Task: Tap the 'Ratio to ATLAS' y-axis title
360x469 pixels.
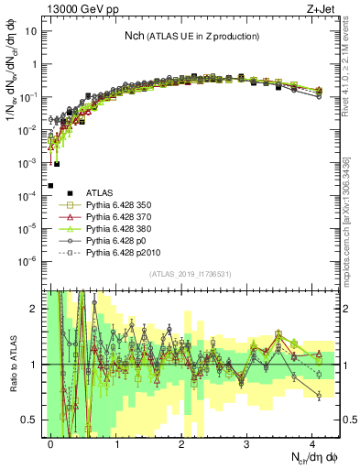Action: [x=11, y=365]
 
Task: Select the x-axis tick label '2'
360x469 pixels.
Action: [x=181, y=442]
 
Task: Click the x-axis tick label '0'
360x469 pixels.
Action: [x=51, y=442]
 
